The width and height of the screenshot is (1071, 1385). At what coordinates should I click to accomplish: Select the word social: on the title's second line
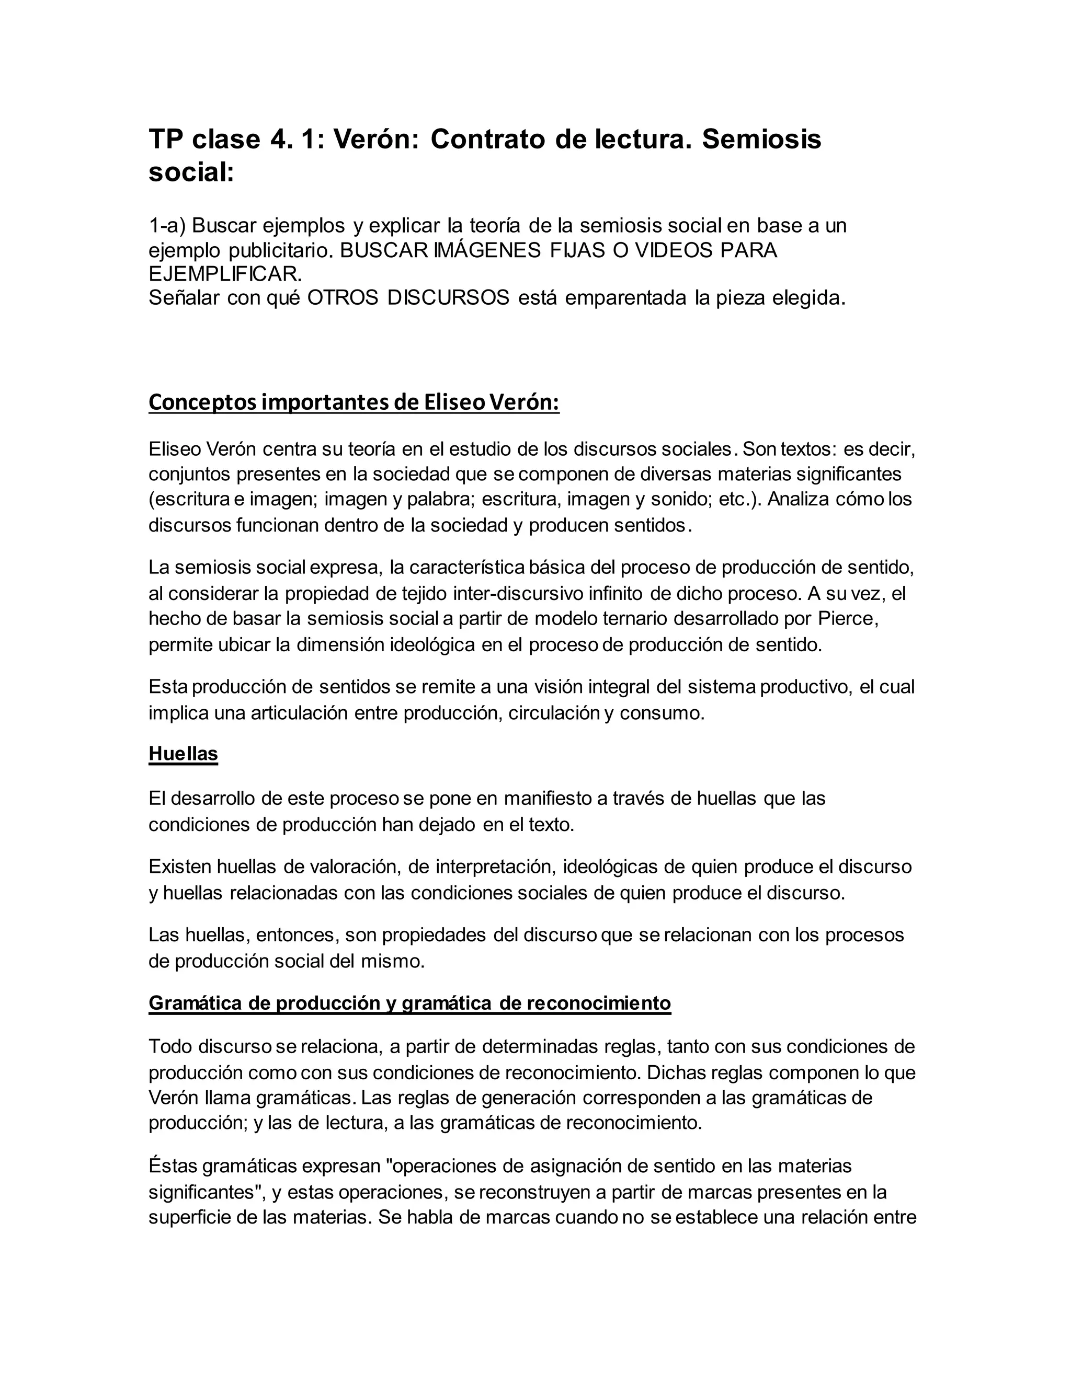pos(191,172)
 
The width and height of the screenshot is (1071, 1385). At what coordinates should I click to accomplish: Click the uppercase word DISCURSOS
pos(448,297)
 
